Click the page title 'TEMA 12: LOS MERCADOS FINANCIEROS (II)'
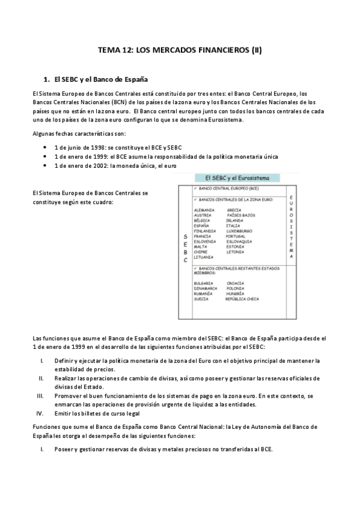(180, 51)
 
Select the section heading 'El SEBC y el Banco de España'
(100, 79)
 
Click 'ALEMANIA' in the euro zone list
(204, 210)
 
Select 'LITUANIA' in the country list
(204, 257)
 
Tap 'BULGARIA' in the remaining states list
(204, 283)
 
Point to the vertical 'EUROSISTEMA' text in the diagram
(291, 227)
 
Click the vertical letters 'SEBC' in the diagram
(185, 248)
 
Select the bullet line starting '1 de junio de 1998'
(118, 147)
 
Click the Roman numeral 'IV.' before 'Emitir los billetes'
(40, 413)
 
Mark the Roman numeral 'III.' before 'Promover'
(40, 396)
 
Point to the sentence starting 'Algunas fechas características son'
(79, 133)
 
